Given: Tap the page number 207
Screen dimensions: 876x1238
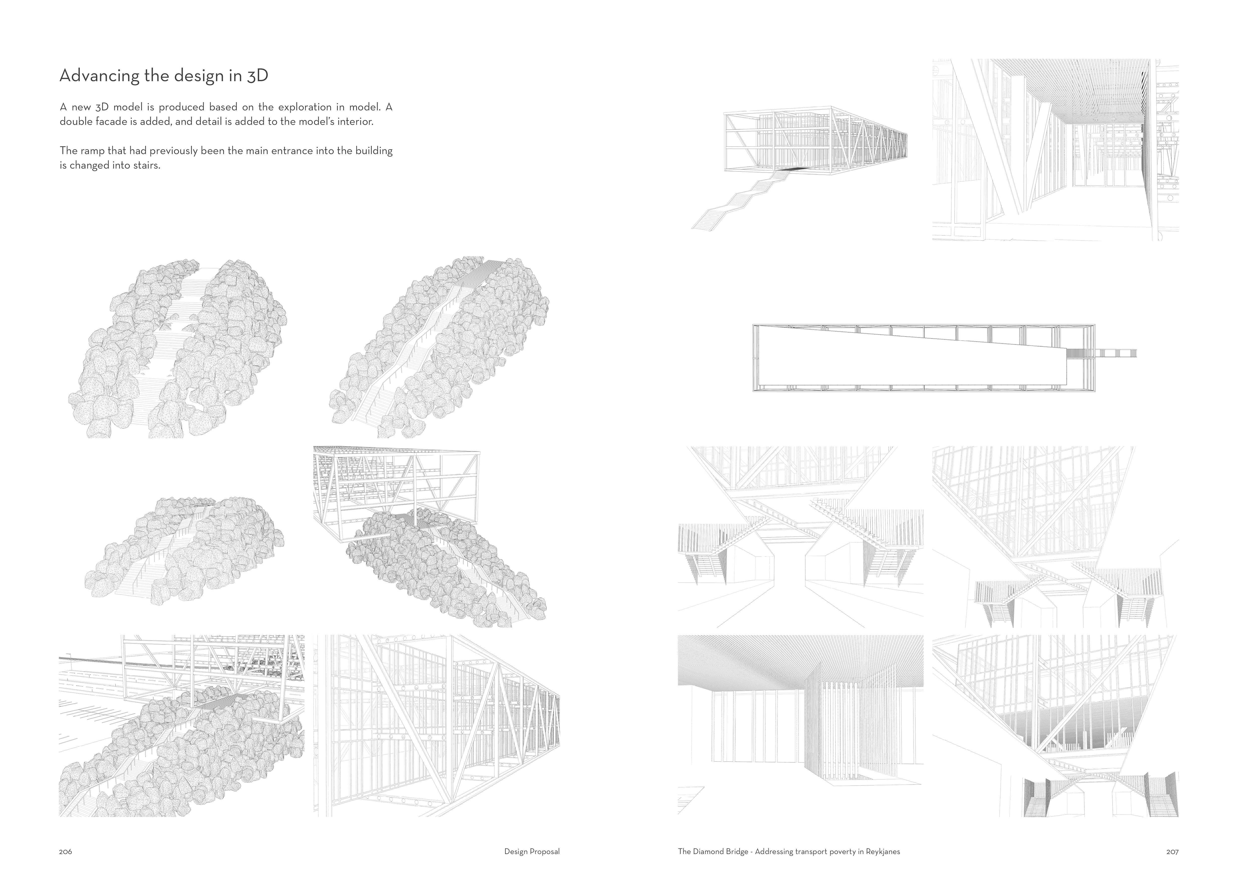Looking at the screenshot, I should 1172,852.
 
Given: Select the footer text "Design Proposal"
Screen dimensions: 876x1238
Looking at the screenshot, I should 532,852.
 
